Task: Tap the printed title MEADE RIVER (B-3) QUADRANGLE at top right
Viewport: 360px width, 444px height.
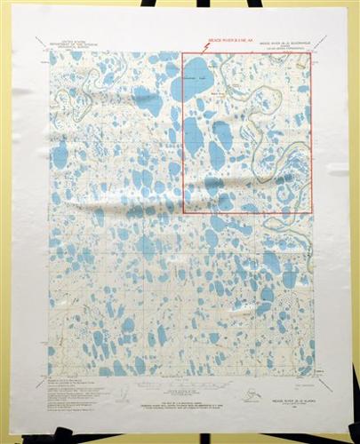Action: point(281,42)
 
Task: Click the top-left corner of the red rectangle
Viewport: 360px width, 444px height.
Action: point(183,52)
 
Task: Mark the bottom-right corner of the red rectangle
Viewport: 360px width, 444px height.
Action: point(311,212)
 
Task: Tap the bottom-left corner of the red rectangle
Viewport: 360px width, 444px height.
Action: point(183,212)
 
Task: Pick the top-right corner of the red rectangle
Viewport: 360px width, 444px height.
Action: point(311,52)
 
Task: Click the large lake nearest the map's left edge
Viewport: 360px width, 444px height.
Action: point(60,155)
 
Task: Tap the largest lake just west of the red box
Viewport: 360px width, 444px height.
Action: point(147,100)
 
